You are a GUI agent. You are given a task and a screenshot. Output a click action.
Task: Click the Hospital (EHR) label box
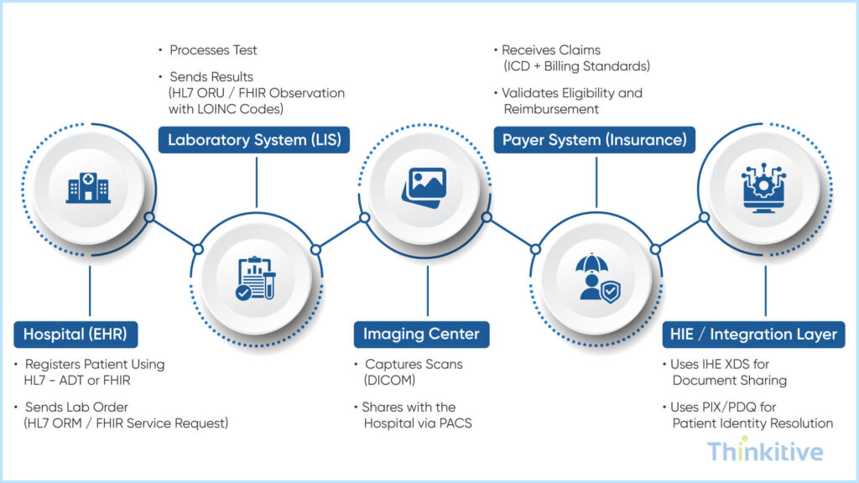point(75,335)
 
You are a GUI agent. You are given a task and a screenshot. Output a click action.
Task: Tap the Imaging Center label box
point(421,335)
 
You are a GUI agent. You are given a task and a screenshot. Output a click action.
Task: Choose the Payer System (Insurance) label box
point(594,140)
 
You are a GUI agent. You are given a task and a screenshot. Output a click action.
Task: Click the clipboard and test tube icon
point(256,279)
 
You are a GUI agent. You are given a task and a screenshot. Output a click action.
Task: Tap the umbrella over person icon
point(596,278)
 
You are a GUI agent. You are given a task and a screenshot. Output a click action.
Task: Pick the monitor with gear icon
point(763,187)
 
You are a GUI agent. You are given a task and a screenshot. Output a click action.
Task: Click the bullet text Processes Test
point(213,50)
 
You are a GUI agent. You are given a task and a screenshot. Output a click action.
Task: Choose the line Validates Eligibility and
point(572,92)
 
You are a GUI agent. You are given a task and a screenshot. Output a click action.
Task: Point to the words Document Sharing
point(729,381)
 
